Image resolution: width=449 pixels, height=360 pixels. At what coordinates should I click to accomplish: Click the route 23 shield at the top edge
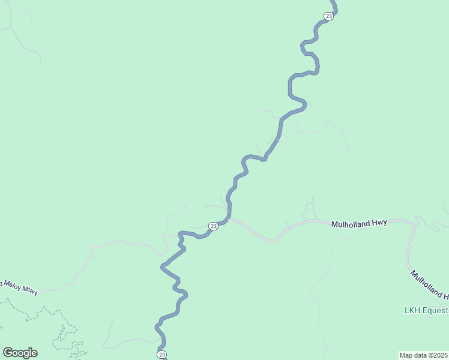[328, 16]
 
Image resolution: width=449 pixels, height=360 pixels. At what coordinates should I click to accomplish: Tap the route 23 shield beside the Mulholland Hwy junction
[213, 226]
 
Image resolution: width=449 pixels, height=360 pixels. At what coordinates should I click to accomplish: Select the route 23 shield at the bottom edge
[162, 355]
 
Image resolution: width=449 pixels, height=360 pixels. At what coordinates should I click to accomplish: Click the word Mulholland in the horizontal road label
[351, 223]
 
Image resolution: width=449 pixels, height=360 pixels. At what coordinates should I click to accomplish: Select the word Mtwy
[31, 292]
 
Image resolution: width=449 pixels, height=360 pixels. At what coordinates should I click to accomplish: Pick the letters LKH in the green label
[412, 310]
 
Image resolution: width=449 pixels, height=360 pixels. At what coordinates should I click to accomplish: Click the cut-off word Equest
[435, 310]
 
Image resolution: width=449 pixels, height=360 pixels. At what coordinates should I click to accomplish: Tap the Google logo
[20, 353]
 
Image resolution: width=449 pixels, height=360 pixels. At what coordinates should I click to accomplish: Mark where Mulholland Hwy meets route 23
[229, 220]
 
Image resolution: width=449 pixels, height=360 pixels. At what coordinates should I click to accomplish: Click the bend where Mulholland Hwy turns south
[413, 226]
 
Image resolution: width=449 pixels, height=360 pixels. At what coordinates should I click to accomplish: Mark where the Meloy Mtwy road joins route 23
[179, 236]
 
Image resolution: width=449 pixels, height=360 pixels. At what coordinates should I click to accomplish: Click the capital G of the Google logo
[8, 353]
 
